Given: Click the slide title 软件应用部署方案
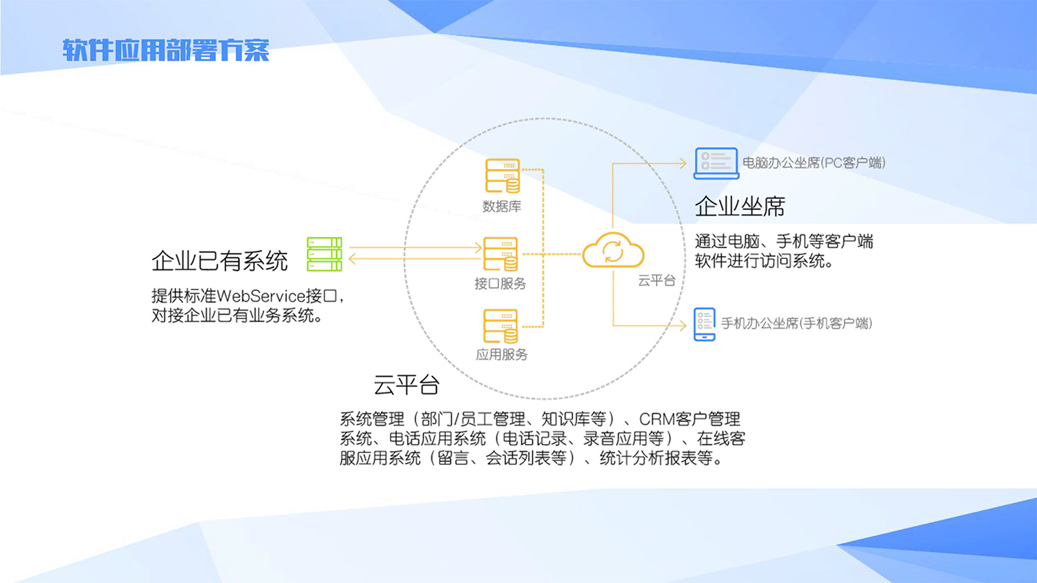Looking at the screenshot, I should point(165,50).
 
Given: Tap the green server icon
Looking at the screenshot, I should point(324,254).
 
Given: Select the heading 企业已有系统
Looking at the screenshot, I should point(219,261).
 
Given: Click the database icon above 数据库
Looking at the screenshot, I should point(503,176).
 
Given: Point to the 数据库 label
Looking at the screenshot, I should point(502,207).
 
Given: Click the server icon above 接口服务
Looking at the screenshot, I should point(501,254).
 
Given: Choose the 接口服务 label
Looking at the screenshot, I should point(500,284).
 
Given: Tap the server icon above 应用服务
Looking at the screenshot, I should point(501,326).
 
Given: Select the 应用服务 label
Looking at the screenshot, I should point(501,355).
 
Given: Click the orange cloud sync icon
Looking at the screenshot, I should point(613,251).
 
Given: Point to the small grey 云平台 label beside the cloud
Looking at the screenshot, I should point(656,280).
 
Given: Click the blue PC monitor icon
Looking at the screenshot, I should point(716,164).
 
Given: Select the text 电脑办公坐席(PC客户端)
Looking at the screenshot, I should point(814,163).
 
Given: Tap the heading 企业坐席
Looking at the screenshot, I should point(740,207).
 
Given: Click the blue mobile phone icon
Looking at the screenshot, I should point(704,324).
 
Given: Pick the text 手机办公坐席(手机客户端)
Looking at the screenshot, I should point(796,323).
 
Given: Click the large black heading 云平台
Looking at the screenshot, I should point(407,385).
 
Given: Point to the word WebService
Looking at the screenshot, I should point(261,296).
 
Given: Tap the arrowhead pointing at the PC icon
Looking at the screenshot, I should point(682,164).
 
